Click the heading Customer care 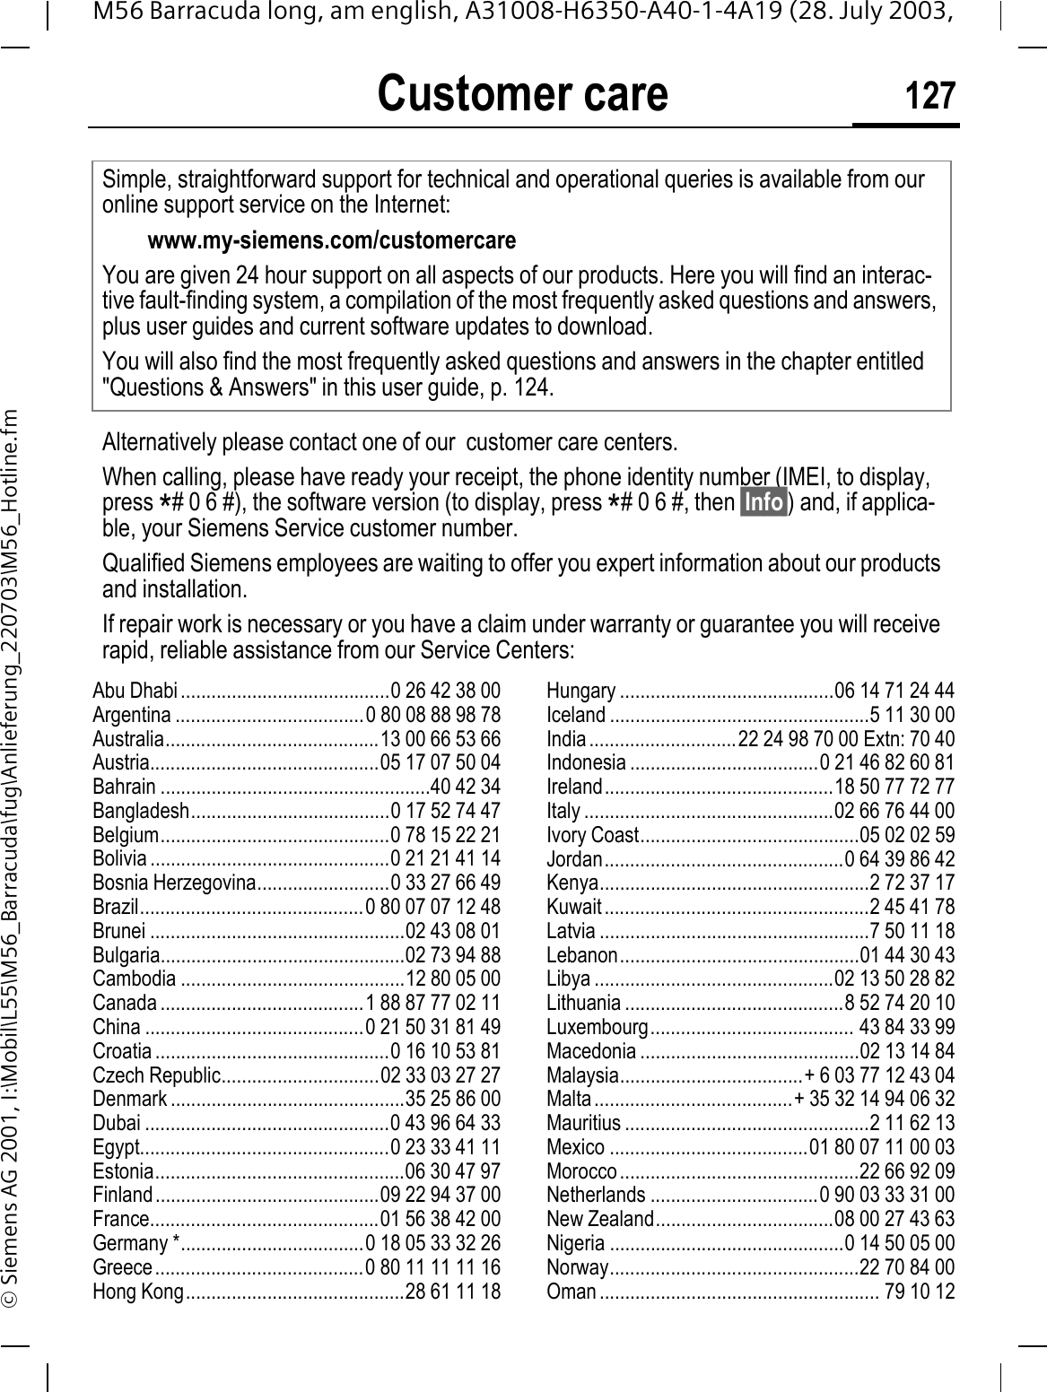pyautogui.click(x=522, y=93)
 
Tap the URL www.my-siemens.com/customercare pyautogui.click(x=331, y=241)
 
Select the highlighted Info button pyautogui.click(x=763, y=501)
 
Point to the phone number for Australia pyautogui.click(x=441, y=740)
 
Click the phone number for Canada pyautogui.click(x=433, y=1002)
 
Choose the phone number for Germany pyautogui.click(x=433, y=1243)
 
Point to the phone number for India pyautogui.click(x=846, y=740)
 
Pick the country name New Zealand pyautogui.click(x=600, y=1219)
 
